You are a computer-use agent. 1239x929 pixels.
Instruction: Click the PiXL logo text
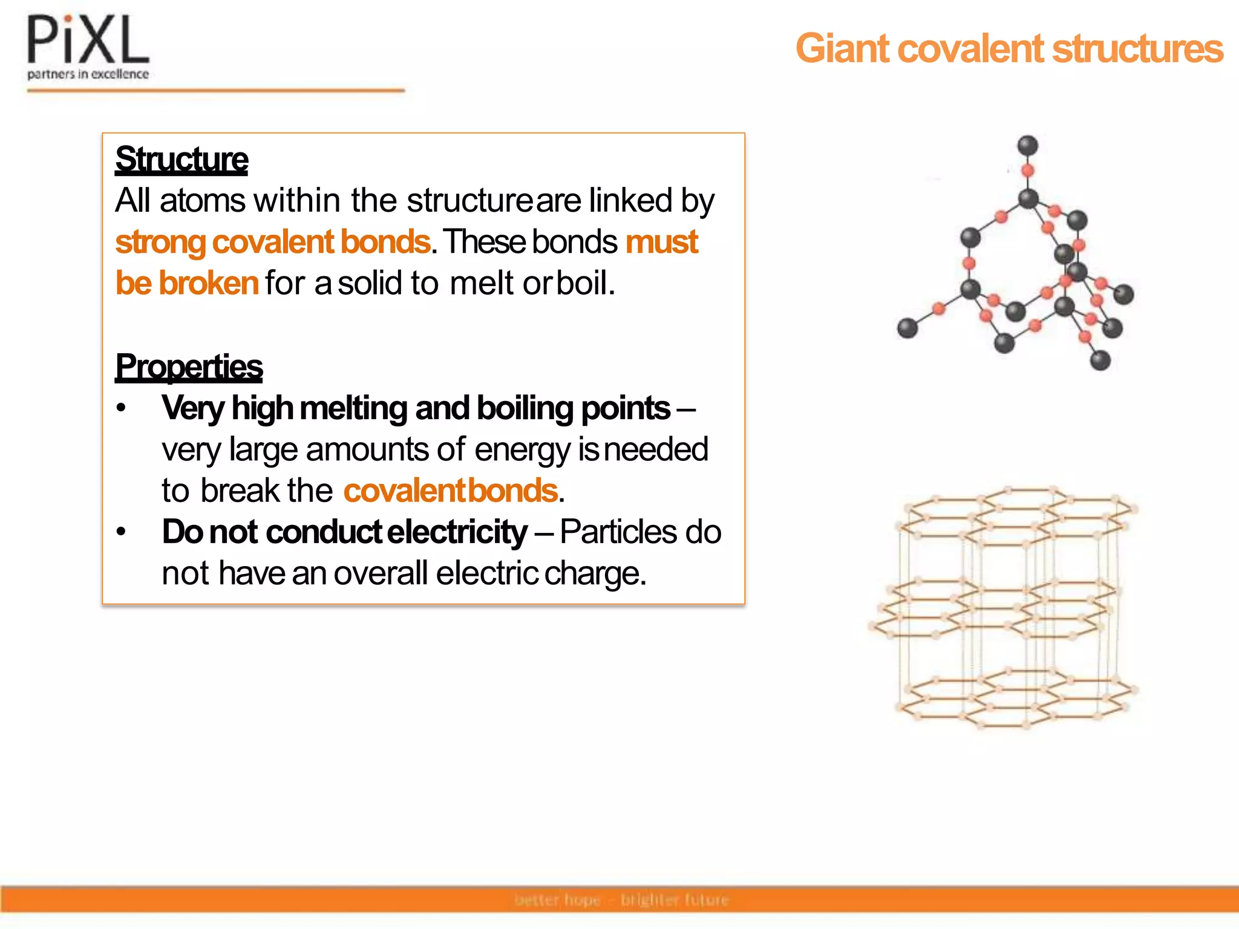[88, 41]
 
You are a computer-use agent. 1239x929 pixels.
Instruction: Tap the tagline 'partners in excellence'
[88, 74]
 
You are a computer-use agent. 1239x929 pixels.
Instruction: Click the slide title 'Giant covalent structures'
[1009, 48]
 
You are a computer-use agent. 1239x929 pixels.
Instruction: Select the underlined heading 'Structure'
[181, 159]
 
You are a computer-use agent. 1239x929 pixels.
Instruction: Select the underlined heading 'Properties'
[189, 367]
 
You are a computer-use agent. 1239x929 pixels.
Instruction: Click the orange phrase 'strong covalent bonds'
[273, 242]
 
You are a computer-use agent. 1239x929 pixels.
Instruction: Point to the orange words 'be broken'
[187, 283]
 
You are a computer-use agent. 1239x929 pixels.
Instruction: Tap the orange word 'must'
[662, 242]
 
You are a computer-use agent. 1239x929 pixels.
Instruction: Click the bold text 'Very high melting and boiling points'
[416, 408]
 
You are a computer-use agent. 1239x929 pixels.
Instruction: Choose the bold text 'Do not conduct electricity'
[345, 532]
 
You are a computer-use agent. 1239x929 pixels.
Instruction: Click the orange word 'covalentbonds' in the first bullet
[451, 491]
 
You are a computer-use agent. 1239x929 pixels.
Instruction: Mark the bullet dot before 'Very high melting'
[122, 408]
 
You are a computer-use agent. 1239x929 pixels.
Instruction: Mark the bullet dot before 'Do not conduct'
[122, 532]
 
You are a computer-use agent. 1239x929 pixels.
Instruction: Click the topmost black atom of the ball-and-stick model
[1028, 145]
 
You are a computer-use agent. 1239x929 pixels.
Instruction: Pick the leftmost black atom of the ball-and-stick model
[907, 328]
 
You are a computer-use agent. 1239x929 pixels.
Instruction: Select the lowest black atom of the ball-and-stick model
[1100, 360]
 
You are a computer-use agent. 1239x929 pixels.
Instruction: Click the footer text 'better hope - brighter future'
[622, 900]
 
